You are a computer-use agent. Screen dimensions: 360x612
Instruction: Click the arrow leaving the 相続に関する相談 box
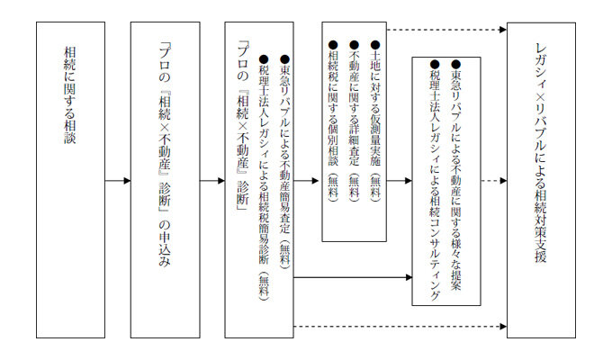tap(117, 181)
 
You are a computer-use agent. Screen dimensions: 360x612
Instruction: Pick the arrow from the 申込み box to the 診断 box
tap(211, 181)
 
